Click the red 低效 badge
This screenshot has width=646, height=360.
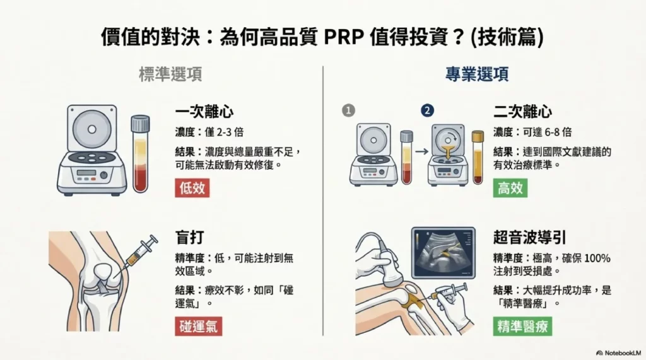pyautogui.click(x=192, y=188)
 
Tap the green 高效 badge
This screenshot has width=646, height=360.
pyautogui.click(x=510, y=188)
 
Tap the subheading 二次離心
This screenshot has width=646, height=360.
pyautogui.click(x=522, y=112)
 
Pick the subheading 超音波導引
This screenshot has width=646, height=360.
pyautogui.click(x=529, y=238)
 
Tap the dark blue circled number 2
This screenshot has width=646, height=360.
pyautogui.click(x=428, y=110)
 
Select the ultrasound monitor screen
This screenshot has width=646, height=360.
pyautogui.click(x=443, y=252)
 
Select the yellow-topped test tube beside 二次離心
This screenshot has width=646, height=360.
pyautogui.click(x=478, y=157)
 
